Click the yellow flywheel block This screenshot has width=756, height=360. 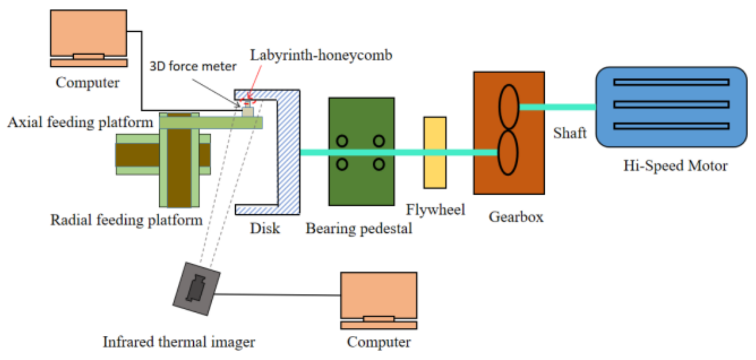pyautogui.click(x=435, y=153)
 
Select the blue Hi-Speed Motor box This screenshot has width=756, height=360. pyautogui.click(x=671, y=107)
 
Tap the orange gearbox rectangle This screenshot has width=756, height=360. pyautogui.click(x=509, y=133)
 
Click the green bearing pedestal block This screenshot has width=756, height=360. pyautogui.click(x=361, y=151)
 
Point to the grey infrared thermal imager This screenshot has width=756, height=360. pyautogui.click(x=196, y=289)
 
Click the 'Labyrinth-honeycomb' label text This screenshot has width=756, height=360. pyautogui.click(x=321, y=55)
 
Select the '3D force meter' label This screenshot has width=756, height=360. pyautogui.click(x=193, y=66)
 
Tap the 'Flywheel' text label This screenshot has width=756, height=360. pyautogui.click(x=436, y=210)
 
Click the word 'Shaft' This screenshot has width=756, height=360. pyautogui.click(x=570, y=133)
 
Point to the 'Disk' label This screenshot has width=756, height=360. pyautogui.click(x=265, y=229)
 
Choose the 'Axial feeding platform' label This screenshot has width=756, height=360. pyautogui.click(x=80, y=122)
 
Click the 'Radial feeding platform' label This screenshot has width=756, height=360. pyautogui.click(x=127, y=220)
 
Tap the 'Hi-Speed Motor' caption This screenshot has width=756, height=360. pyautogui.click(x=675, y=165)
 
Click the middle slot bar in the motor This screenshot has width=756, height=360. pyautogui.click(x=671, y=104)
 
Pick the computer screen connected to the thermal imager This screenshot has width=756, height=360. pyautogui.click(x=379, y=295)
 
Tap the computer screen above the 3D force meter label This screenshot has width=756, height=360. pyautogui.click(x=88, y=33)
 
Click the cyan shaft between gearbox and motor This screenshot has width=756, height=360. pyautogui.click(x=557, y=107)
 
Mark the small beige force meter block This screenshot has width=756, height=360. pyautogui.click(x=248, y=112)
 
